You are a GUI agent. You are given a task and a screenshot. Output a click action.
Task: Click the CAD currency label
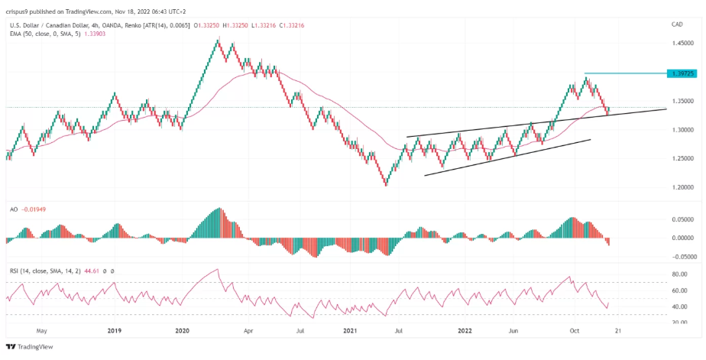point(676,24)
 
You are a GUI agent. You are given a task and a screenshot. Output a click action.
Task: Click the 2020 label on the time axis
point(182,332)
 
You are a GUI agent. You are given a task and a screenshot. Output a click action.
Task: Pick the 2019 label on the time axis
point(114,332)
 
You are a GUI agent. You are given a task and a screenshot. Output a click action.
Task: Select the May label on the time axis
point(41,332)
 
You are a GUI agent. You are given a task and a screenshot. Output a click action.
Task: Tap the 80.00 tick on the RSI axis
point(682,274)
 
